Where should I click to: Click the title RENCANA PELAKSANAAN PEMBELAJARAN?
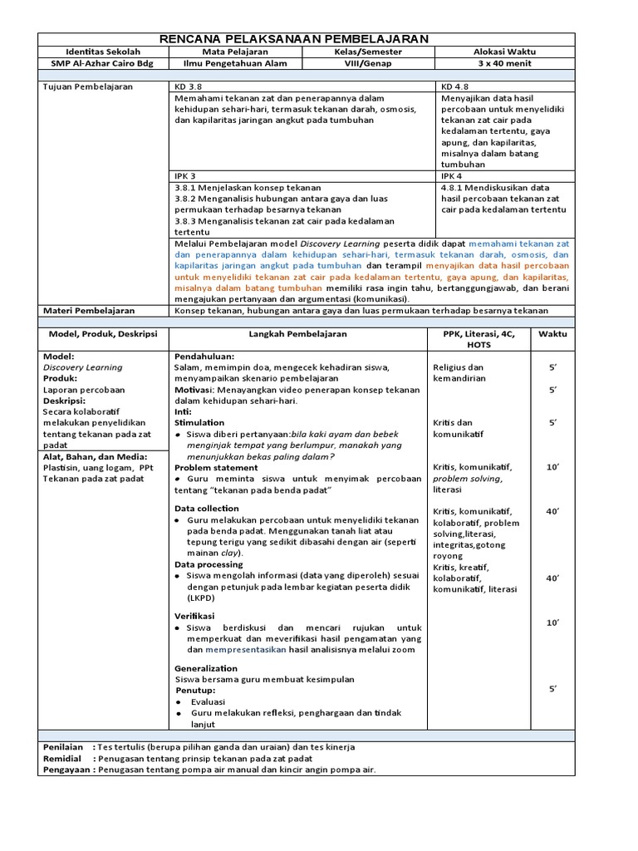(306, 39)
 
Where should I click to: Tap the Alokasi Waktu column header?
(506, 52)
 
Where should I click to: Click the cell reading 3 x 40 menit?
(506, 63)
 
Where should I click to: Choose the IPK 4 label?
(453, 176)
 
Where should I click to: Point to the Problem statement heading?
(216, 468)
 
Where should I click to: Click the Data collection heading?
(206, 508)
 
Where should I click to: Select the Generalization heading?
(205, 668)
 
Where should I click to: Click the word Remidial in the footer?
(62, 758)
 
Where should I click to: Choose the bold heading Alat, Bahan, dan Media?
(95, 456)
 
